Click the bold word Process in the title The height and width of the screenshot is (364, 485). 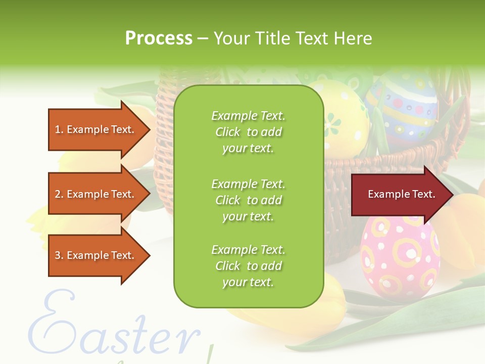click(x=159, y=38)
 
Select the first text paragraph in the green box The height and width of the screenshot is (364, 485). click(x=248, y=132)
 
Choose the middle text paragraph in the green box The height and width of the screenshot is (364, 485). click(x=248, y=200)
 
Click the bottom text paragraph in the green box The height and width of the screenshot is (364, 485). click(x=248, y=266)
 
